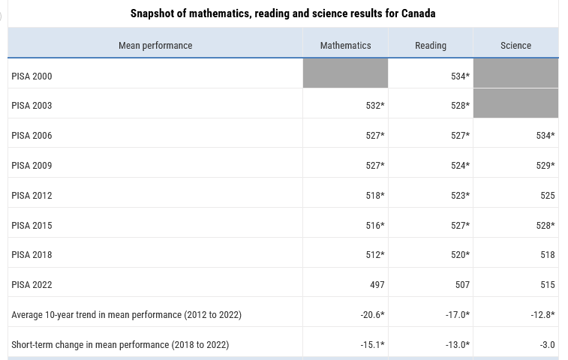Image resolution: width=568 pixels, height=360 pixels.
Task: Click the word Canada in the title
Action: [418, 13]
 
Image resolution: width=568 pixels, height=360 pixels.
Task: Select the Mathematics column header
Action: [346, 45]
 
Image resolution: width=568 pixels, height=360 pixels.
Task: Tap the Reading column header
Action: [431, 46]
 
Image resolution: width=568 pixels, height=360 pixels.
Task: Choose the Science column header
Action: [515, 45]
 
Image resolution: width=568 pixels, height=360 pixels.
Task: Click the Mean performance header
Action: [155, 46]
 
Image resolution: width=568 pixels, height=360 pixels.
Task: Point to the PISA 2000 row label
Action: [32, 76]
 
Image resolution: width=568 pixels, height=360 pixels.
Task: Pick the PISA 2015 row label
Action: [32, 225]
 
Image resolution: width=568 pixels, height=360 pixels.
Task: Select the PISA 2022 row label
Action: [32, 285]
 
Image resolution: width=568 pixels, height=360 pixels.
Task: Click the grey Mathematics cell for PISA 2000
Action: [345, 73]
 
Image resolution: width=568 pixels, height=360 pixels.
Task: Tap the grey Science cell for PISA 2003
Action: [515, 103]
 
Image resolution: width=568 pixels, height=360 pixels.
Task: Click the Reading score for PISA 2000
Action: [460, 76]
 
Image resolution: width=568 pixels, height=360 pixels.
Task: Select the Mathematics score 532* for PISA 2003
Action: [375, 106]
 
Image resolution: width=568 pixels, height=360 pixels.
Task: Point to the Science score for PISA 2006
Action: [545, 136]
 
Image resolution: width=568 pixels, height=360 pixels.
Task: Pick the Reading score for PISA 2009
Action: [460, 166]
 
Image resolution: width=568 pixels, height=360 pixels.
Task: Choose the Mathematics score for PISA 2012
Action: [375, 196]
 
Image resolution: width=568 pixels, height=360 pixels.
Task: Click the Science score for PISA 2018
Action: [547, 255]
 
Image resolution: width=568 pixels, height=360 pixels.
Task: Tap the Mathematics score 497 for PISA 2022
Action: [377, 285]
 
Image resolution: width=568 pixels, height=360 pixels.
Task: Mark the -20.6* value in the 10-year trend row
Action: [372, 315]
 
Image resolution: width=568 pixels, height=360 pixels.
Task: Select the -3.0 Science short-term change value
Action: [547, 345]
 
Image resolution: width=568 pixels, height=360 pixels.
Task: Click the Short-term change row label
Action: [120, 345]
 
